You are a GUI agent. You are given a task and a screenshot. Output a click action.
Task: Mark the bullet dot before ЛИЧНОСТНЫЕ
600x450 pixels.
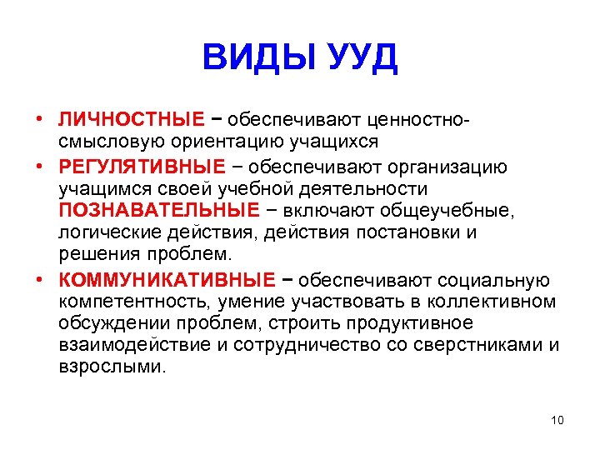point(39,120)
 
